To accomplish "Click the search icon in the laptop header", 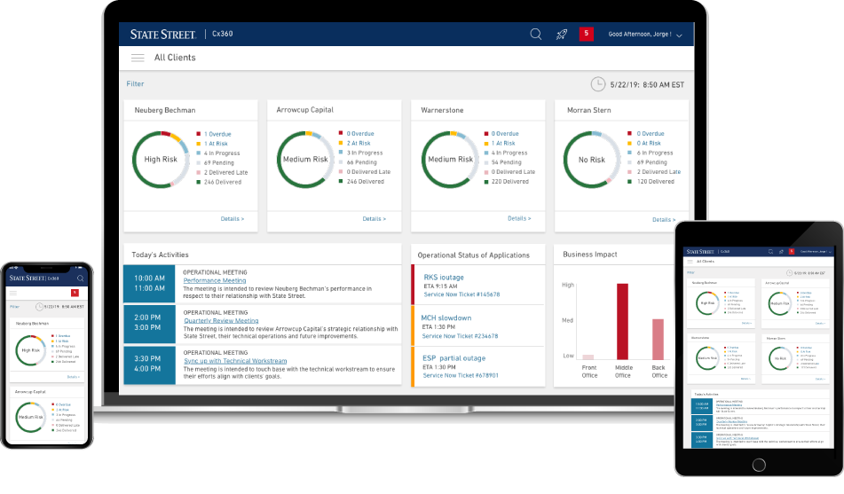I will (x=536, y=35).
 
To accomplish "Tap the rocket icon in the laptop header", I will (x=561, y=35).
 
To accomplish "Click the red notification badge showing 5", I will (x=586, y=34).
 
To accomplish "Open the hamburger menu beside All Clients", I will (x=138, y=58).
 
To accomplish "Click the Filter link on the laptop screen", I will (x=135, y=84).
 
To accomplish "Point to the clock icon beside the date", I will (x=598, y=84).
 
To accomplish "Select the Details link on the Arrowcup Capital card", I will (x=374, y=218).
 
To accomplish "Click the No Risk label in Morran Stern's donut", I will (x=591, y=160).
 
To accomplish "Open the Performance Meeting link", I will (x=215, y=280).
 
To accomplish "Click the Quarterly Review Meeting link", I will (x=221, y=321).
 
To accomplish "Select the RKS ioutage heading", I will (x=444, y=277).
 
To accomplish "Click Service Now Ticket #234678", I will (x=461, y=336).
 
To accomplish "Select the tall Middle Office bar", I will (x=622, y=321).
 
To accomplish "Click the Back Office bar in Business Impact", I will (x=658, y=339).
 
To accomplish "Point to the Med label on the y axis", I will (x=568, y=320).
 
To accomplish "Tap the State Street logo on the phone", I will (x=27, y=278).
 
